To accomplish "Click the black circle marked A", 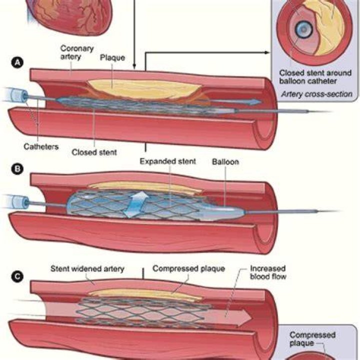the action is tap(17, 62).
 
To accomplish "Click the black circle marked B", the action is tap(17, 169).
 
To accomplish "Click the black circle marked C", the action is tap(17, 276).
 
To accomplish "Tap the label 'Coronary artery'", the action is tap(77, 52).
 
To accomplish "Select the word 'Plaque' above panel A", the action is tap(112, 57).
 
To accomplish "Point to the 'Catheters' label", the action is tap(41, 146).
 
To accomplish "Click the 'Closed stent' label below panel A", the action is tap(94, 152).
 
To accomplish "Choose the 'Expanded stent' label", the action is tap(168, 161).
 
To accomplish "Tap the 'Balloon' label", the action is tap(225, 162).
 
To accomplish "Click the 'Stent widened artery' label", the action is tap(87, 268).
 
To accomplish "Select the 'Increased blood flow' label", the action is tap(268, 272).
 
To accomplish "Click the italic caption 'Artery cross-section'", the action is tap(317, 94).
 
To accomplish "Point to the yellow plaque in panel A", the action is tap(144, 89).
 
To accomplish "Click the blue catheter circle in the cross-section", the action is tap(303, 29).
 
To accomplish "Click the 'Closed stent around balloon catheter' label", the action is tap(315, 77).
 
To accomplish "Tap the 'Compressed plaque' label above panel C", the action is tap(188, 268).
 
